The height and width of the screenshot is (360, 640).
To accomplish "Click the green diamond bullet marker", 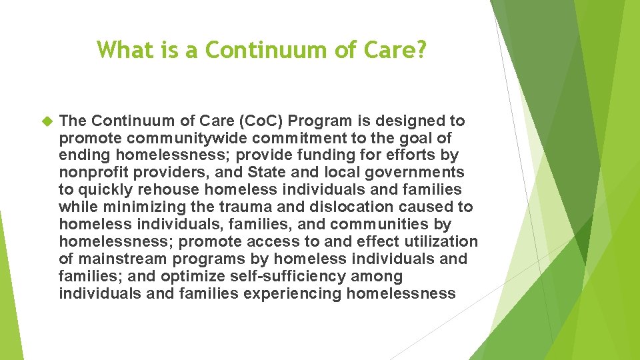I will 46,121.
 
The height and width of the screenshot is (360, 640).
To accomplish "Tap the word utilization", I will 441,241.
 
